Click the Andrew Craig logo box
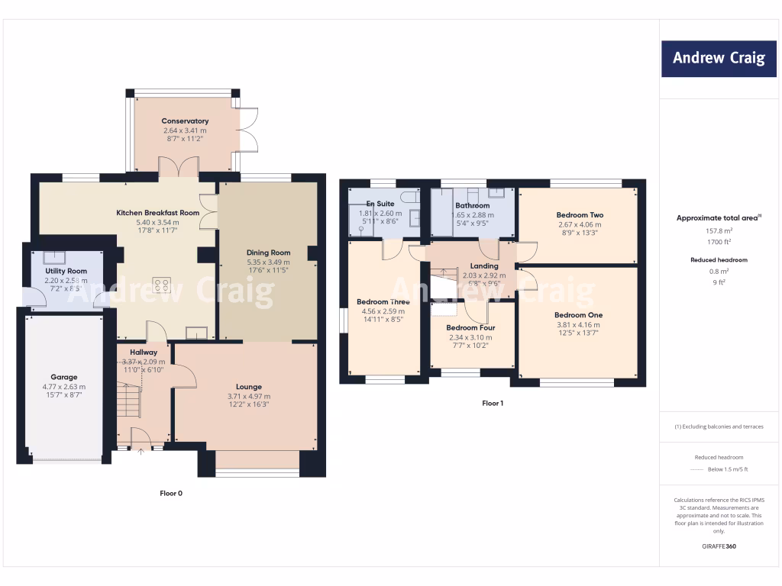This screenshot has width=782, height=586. pos(719,58)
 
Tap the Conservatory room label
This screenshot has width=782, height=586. pos(185,121)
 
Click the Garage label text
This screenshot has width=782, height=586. pos(64,377)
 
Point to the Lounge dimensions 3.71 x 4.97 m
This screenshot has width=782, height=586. pos(248,397)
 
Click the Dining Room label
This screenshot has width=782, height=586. pos(268,253)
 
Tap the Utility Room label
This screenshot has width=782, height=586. pos(66,271)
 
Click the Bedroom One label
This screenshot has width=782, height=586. pos(578,315)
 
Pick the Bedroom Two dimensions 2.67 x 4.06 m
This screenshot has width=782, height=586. pos(580,224)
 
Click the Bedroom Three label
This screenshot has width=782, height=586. pos(383,302)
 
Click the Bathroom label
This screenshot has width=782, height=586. pos(472,206)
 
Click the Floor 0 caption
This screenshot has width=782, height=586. pos(171,494)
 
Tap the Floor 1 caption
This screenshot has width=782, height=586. pos(493,404)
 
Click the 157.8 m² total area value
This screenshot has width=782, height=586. pos(718,230)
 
